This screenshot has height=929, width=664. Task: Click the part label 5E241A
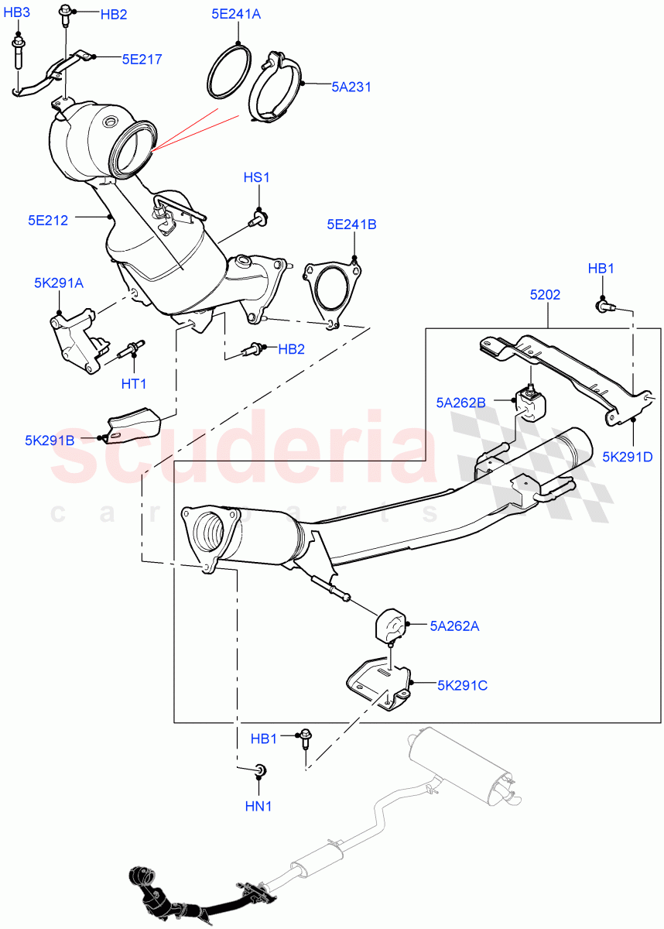pyautogui.click(x=237, y=13)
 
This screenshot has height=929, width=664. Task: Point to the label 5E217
pyautogui.click(x=142, y=58)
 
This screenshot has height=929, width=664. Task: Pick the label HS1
pyautogui.click(x=256, y=177)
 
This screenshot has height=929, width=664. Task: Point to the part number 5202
pyautogui.click(x=545, y=295)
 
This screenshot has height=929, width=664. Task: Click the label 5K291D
pyautogui.click(x=628, y=456)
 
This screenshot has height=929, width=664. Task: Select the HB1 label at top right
pyautogui.click(x=601, y=269)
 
